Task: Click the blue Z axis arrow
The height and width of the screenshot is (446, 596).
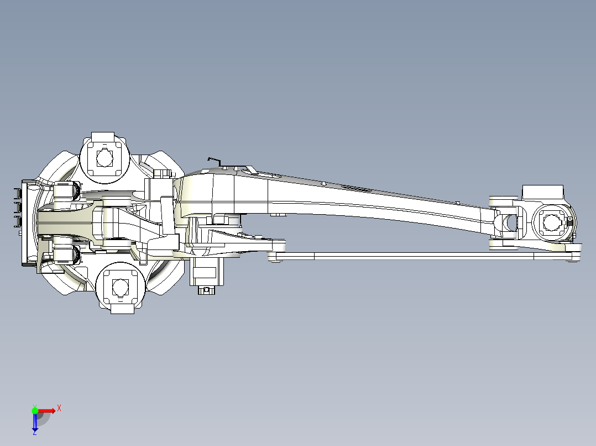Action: [x=35, y=421]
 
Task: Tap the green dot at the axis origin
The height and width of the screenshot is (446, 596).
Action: [x=35, y=411]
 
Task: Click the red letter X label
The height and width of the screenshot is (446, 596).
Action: [x=59, y=408]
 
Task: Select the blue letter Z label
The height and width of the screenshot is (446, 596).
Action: [x=35, y=432]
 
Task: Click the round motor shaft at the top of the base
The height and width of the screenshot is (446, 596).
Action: [x=104, y=157]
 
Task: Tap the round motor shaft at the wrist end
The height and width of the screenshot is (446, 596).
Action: [x=551, y=222]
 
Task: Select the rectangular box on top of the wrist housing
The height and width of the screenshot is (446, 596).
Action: [x=543, y=193]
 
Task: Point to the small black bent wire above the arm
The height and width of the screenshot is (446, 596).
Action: [x=215, y=161]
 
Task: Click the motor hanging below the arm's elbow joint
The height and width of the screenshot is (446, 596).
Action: [x=207, y=272]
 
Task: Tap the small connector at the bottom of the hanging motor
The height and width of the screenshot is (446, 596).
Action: [x=206, y=290]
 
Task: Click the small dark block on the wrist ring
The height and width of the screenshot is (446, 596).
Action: [x=570, y=222]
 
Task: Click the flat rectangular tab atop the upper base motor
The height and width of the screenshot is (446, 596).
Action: [x=103, y=136]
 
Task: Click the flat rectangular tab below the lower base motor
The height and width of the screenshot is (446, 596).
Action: [x=122, y=308]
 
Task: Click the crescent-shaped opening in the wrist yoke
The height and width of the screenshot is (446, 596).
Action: [x=507, y=223]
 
